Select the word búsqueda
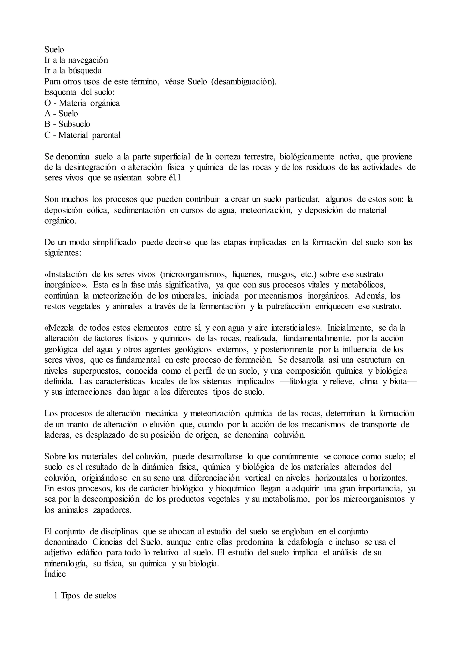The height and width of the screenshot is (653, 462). point(85,71)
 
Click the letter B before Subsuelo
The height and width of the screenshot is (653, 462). point(47,124)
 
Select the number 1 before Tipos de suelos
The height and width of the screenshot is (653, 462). point(56,596)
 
